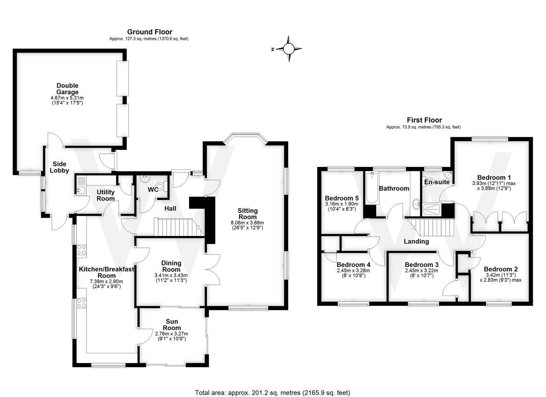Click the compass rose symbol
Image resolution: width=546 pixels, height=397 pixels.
pyautogui.click(x=289, y=49)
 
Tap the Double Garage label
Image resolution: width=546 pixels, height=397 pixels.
pyautogui.click(x=67, y=89)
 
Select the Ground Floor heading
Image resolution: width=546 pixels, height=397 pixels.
pyautogui.click(x=150, y=32)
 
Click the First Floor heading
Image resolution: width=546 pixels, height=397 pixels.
pyautogui.click(x=424, y=120)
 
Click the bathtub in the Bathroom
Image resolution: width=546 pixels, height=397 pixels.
pyautogui.click(x=372, y=189)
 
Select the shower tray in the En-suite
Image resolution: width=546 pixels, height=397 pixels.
pyautogui.click(x=432, y=210)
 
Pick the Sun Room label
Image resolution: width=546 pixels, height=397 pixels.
pyautogui.click(x=172, y=325)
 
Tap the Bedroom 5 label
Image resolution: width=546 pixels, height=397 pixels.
pyautogui.click(x=342, y=198)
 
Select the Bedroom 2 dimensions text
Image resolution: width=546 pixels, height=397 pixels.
pyautogui.click(x=500, y=277)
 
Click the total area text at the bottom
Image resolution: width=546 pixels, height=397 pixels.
pyautogui.click(x=272, y=393)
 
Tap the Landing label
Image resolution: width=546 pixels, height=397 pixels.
pyautogui.click(x=416, y=242)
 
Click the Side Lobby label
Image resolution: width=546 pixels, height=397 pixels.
pyautogui.click(x=60, y=167)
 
